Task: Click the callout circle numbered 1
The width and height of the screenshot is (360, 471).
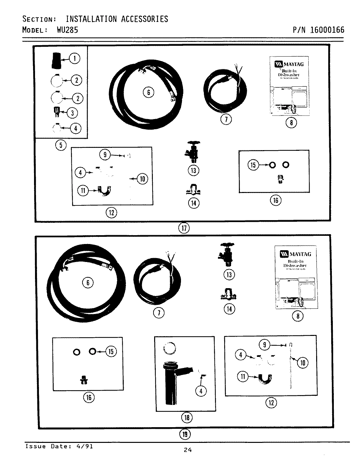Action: click(x=75, y=59)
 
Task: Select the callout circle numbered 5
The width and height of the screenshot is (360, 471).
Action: click(x=61, y=145)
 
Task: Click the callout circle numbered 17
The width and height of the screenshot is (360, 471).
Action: click(x=184, y=228)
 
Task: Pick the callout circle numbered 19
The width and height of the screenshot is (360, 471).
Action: click(x=185, y=434)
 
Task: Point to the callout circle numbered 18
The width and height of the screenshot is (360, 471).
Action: click(x=187, y=417)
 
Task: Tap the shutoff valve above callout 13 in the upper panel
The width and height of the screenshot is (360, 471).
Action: click(x=194, y=152)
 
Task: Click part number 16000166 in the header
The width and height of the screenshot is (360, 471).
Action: click(x=327, y=30)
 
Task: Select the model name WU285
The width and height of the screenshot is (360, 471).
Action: click(x=67, y=30)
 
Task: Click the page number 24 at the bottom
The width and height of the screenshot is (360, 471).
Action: click(x=187, y=450)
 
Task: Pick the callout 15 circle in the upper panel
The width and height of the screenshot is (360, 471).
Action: click(x=253, y=165)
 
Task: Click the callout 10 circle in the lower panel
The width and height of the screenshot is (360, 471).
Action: click(x=302, y=362)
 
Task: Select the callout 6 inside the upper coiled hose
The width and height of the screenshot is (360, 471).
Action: click(x=148, y=93)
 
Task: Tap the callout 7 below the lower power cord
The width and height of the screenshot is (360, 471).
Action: click(x=159, y=313)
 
